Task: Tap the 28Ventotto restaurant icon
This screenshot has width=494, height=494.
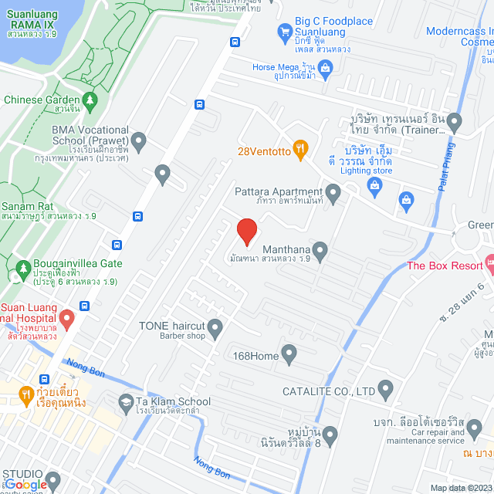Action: (x=301, y=151)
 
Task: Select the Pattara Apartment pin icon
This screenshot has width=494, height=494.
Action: (x=333, y=193)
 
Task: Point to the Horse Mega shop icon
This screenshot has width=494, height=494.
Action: (x=325, y=69)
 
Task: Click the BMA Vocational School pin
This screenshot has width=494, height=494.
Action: (x=138, y=141)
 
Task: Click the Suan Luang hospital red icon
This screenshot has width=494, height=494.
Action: (x=66, y=317)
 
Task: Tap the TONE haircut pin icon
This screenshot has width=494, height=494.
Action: (x=215, y=330)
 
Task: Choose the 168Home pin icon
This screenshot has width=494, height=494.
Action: (x=289, y=355)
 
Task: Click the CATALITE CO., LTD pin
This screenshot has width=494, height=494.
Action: (x=385, y=391)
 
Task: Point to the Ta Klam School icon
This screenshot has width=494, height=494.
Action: (x=125, y=402)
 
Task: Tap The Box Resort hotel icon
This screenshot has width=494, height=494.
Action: (x=488, y=262)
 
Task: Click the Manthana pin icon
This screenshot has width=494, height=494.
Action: (x=320, y=250)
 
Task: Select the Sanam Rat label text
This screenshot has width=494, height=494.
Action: (x=27, y=206)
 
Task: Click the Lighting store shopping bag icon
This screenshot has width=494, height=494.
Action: (x=374, y=184)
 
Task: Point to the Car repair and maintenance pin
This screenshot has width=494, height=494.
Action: (x=474, y=428)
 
